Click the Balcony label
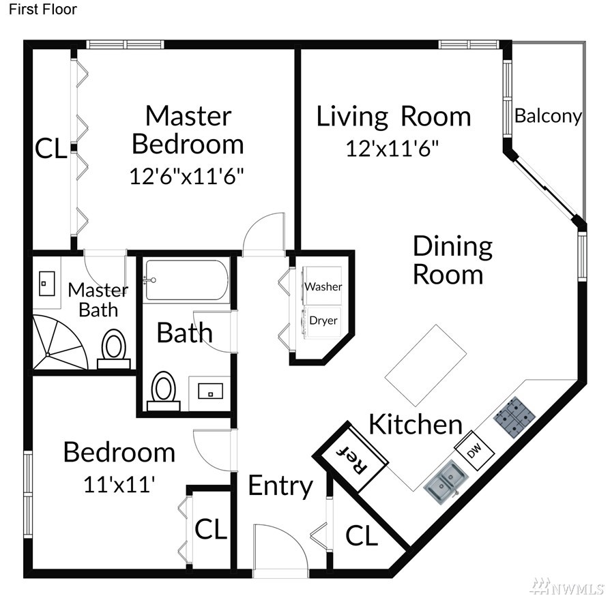click(548, 116)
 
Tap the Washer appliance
click(322, 286)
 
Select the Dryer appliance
click(322, 321)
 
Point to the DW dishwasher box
click(474, 451)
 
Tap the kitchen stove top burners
click(514, 417)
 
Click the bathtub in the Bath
click(186, 280)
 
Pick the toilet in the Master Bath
click(113, 348)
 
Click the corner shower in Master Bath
click(59, 342)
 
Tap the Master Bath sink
click(46, 284)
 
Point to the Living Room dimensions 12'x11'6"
click(392, 148)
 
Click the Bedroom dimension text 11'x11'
click(119, 484)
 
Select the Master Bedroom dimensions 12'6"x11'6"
click(186, 176)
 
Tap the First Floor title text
click(43, 10)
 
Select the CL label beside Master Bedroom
click(51, 148)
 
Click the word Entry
click(280, 485)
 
